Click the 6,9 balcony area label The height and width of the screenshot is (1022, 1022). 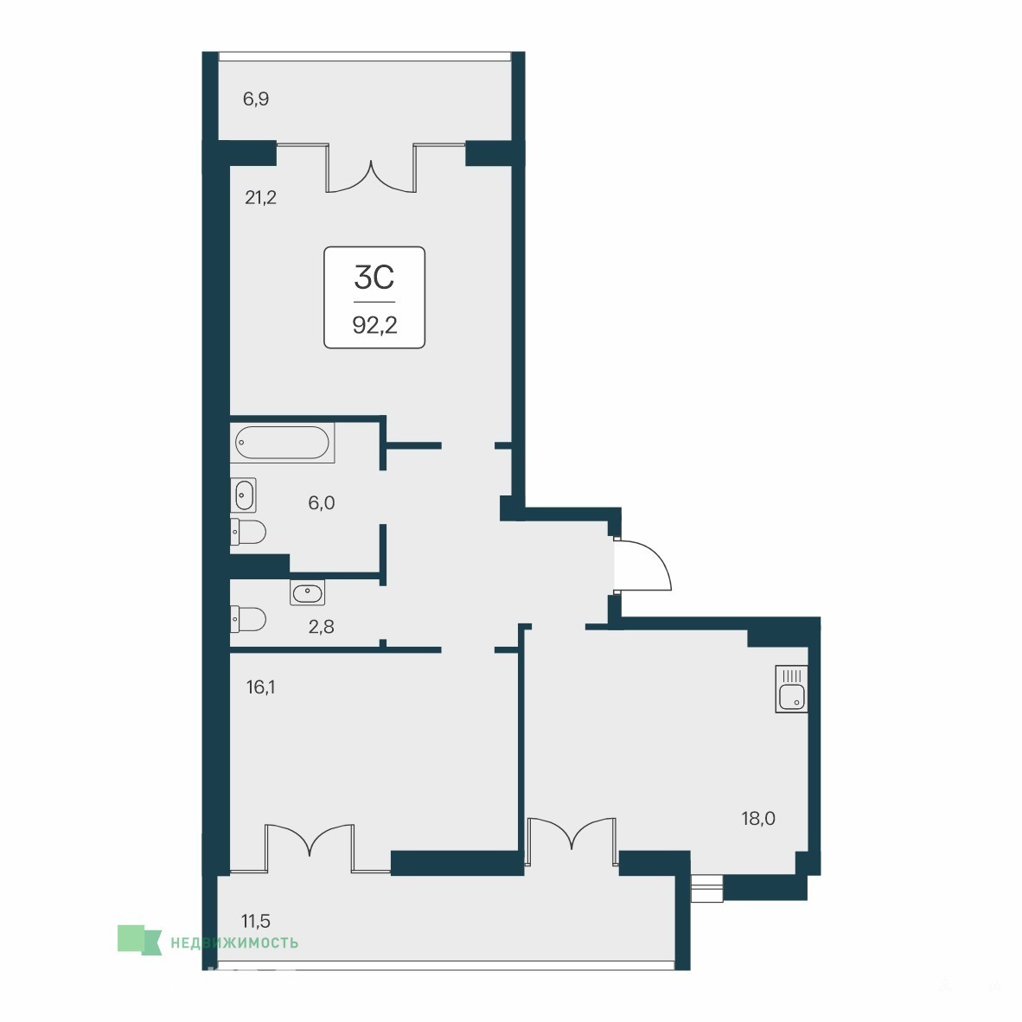(x=256, y=99)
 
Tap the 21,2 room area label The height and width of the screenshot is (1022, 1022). (x=261, y=197)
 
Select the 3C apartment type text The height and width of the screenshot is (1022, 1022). (x=374, y=277)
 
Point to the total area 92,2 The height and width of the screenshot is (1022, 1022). (x=374, y=324)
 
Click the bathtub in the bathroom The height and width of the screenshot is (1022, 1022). (x=282, y=443)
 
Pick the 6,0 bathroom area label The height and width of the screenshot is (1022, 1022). (x=322, y=502)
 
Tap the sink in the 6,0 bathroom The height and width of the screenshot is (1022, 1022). (x=243, y=495)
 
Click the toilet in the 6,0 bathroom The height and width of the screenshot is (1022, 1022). (x=247, y=532)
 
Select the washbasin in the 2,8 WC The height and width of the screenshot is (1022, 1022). (x=307, y=592)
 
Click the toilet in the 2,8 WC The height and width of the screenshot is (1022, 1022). (x=247, y=619)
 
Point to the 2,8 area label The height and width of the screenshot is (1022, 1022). (x=322, y=627)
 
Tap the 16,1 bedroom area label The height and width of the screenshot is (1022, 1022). (x=260, y=687)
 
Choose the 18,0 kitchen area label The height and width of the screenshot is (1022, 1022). (x=758, y=819)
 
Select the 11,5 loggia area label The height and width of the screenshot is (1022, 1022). (x=256, y=922)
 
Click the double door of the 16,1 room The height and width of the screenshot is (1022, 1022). (x=310, y=847)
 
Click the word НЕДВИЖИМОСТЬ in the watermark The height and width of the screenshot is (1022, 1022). (x=234, y=942)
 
